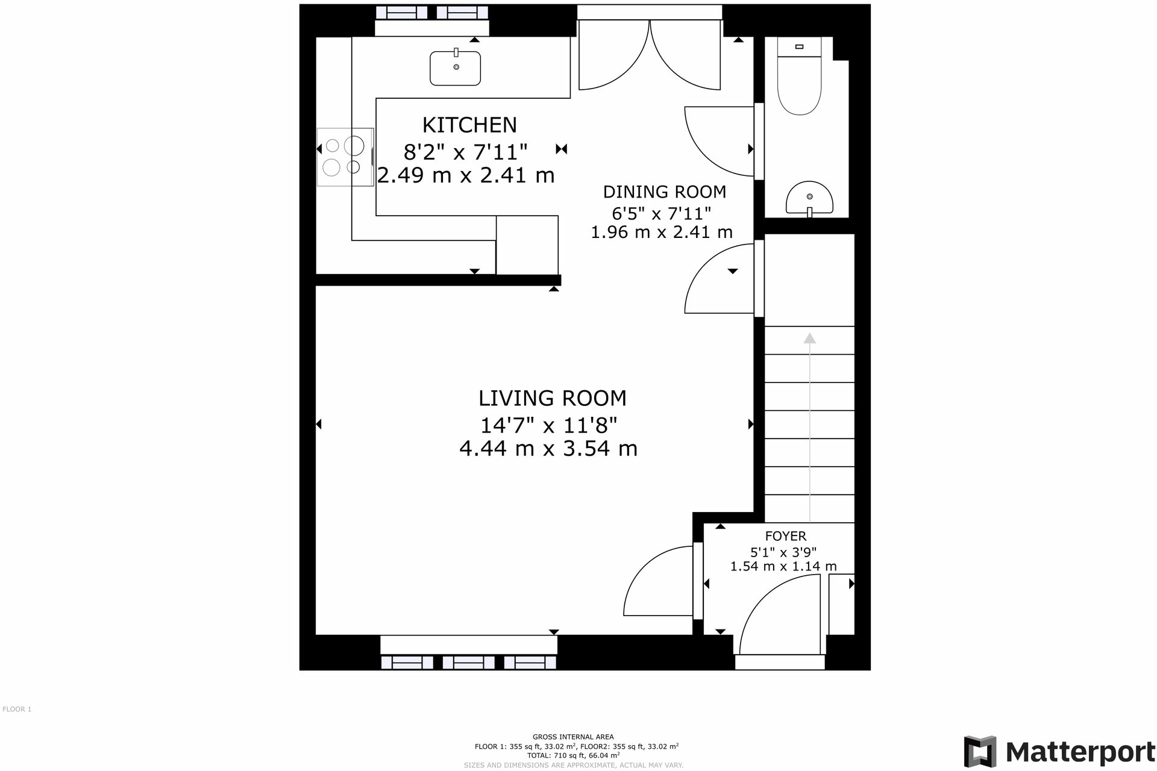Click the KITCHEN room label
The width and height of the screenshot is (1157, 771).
click(x=469, y=125)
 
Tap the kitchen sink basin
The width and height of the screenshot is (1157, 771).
click(x=456, y=68)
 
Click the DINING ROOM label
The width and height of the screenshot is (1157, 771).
click(x=664, y=192)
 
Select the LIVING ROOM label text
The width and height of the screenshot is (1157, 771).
click(x=552, y=398)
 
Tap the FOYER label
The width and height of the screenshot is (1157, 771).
click(x=785, y=536)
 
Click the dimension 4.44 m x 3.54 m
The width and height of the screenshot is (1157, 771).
click(x=548, y=449)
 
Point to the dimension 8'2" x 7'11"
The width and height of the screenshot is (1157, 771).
click(x=465, y=152)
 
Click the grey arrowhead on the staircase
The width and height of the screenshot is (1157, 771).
click(x=809, y=339)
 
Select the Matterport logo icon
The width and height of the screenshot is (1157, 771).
click(x=980, y=751)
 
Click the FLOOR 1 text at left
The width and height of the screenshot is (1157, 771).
click(x=17, y=709)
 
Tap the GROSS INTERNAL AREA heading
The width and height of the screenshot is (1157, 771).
click(x=573, y=737)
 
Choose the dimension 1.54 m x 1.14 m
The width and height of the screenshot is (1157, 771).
click(x=783, y=566)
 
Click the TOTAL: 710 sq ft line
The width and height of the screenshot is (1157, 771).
click(x=573, y=755)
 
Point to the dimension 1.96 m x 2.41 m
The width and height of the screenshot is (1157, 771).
click(x=661, y=232)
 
